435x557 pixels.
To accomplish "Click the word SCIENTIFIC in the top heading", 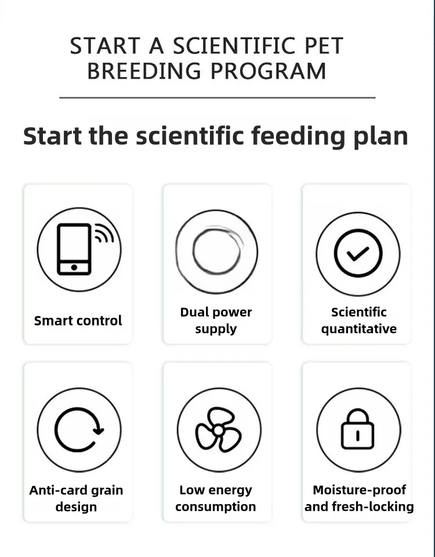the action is [x=234, y=46].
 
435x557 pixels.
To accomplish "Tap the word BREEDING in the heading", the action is [x=144, y=71].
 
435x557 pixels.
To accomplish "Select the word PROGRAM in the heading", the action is [x=269, y=71].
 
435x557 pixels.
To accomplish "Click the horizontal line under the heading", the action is [x=217, y=97].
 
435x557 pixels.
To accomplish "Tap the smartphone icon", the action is [x=74, y=249].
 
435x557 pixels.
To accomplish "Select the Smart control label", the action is [x=78, y=320].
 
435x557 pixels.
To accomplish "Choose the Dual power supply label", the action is [x=216, y=320].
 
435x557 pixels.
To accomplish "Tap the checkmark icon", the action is [x=358, y=253].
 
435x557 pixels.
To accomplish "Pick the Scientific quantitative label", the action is [x=358, y=320].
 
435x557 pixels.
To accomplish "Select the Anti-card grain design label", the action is [x=77, y=498].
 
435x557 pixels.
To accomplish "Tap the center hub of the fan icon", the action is [x=219, y=431].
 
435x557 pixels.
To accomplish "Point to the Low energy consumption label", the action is [x=216, y=498].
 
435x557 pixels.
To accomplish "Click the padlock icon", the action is [x=358, y=429].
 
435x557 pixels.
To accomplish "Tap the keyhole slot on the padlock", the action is [x=358, y=436].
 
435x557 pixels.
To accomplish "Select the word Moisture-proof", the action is [x=360, y=490].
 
